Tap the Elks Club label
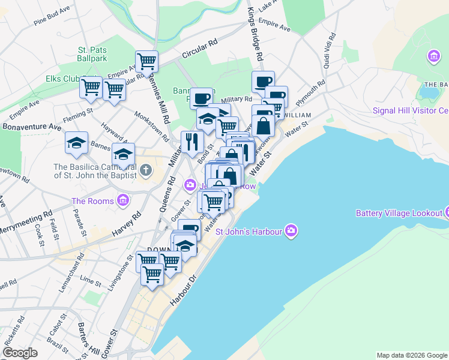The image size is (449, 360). coord(62,79)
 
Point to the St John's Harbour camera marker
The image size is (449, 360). coord(291,230)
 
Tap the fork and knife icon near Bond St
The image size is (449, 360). coord(192,142)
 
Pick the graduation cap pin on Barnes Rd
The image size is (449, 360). coord(124,154)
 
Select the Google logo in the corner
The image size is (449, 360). coord(20,353)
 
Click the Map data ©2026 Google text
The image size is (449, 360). coord(412,355)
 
